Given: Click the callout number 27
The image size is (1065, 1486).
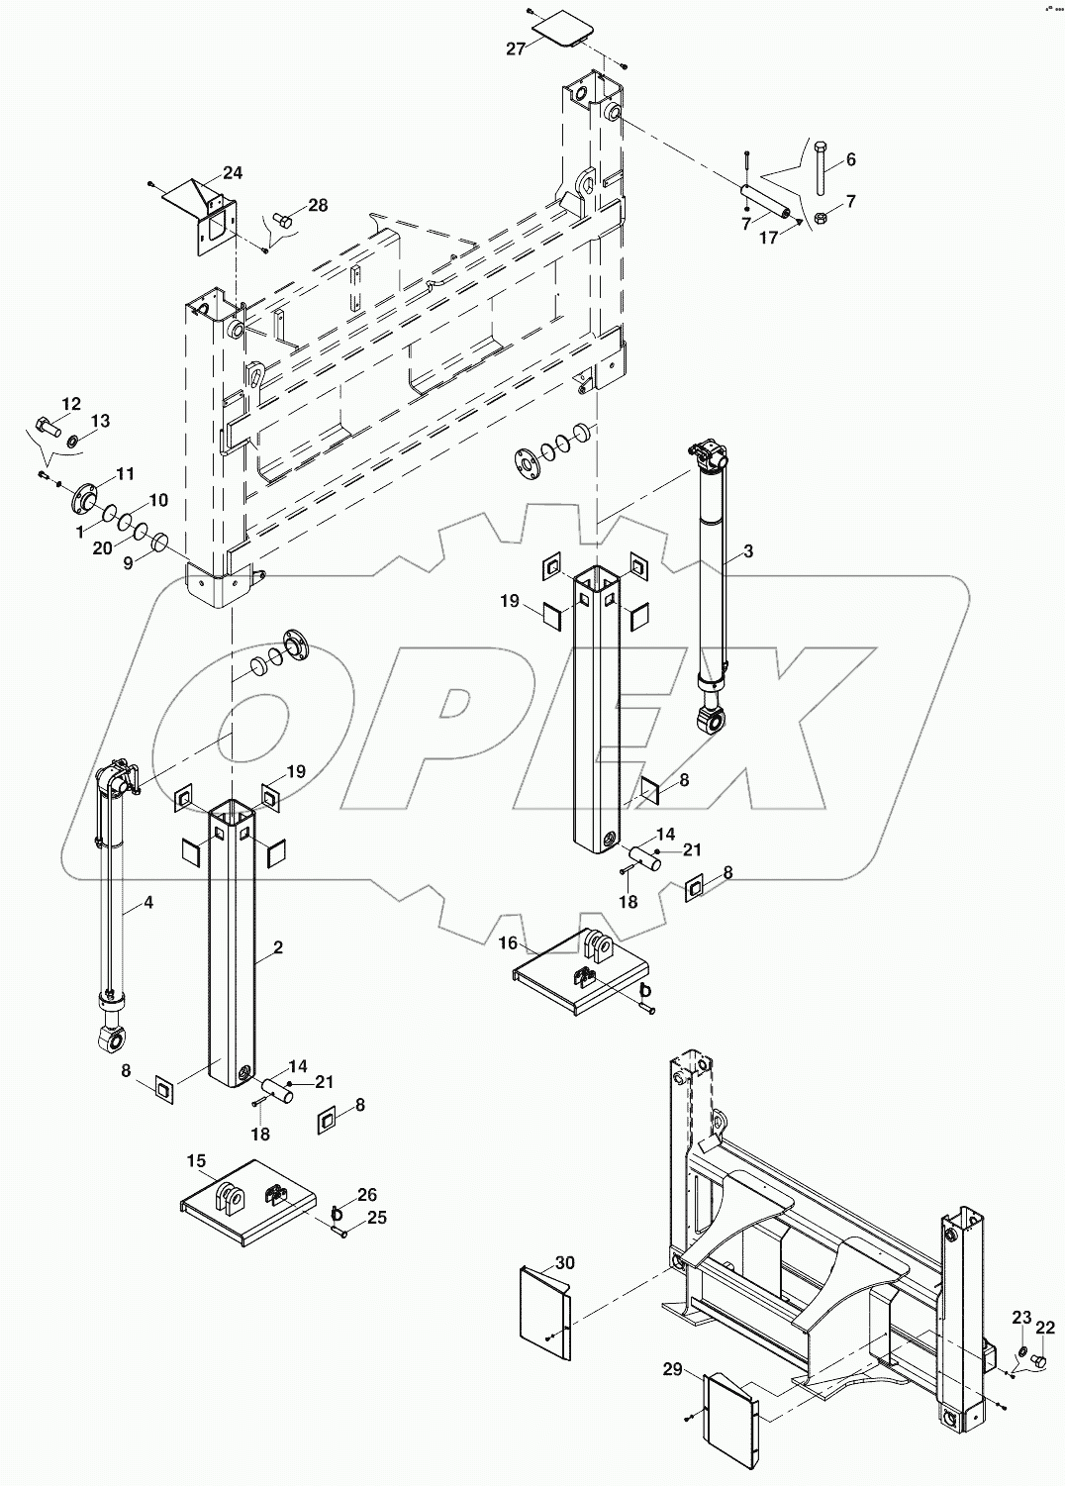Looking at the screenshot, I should click(516, 49).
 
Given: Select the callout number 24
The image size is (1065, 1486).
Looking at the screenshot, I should click(232, 173).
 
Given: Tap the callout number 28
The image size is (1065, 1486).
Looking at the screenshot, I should click(317, 205).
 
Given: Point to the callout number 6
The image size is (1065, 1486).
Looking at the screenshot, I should click(850, 160).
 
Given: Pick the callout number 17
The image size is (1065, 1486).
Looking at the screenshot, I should click(768, 238).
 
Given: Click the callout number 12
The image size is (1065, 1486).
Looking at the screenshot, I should click(71, 403).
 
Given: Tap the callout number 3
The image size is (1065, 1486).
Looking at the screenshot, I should click(748, 551).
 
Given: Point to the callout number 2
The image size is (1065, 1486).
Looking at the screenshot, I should click(279, 947).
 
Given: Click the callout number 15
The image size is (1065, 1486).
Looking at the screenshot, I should click(197, 1159).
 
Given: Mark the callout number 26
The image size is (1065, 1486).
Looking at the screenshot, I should click(367, 1195).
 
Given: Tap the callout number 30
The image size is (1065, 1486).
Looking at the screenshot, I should click(564, 1263).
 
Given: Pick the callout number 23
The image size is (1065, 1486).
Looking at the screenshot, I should click(1020, 1317).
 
